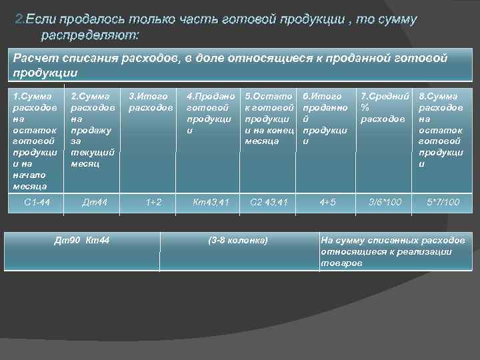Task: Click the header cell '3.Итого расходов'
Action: point(151,102)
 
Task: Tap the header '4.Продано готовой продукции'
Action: point(211,113)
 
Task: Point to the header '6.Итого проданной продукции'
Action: point(325,119)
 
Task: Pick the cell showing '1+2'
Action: point(154,201)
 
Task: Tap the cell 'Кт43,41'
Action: point(211,201)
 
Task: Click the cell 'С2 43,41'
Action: point(268,201)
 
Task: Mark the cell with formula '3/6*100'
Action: point(385,201)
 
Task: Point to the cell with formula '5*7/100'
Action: point(443,201)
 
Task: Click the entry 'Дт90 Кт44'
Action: point(81,240)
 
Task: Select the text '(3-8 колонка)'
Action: point(238,240)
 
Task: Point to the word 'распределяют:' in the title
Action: point(91,33)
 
